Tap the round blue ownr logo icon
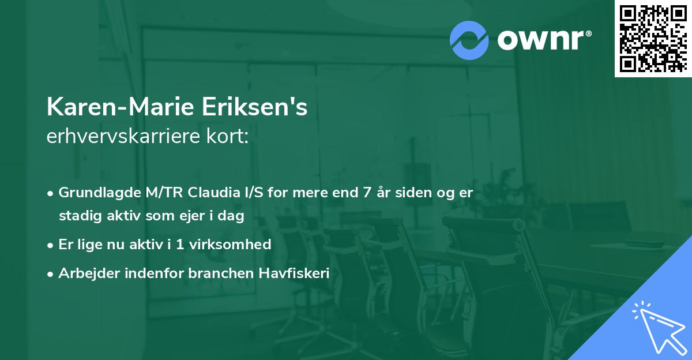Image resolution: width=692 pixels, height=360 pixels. (469, 40)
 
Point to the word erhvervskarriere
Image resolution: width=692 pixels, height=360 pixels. (121, 137)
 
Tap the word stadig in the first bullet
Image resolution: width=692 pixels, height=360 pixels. (76, 216)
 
